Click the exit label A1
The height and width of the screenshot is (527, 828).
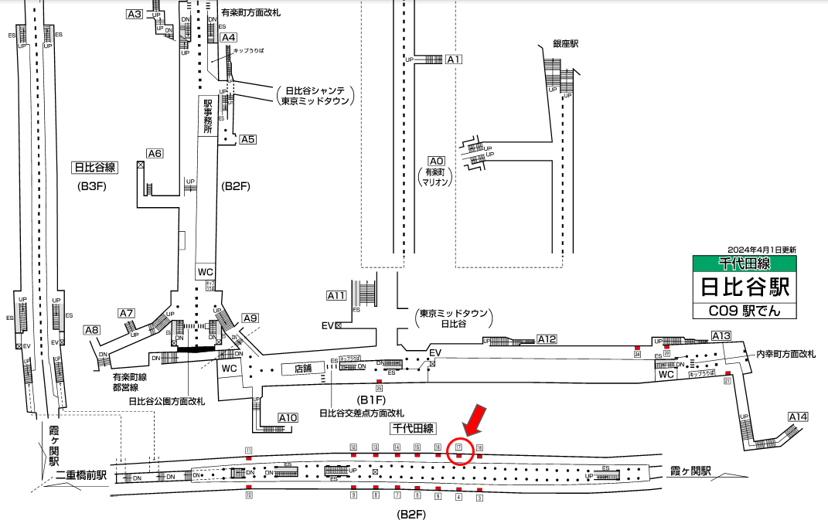[454, 59]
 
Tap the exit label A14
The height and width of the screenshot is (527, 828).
[798, 417]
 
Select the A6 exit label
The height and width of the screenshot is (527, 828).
[155, 154]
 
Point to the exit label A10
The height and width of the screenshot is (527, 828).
[288, 418]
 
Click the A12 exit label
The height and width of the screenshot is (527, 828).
[547, 338]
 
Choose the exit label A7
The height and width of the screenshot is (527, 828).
[127, 313]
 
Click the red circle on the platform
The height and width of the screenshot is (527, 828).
[458, 450]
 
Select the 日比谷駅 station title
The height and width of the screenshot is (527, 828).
[745, 287]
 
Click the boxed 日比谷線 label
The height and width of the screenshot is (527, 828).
[94, 167]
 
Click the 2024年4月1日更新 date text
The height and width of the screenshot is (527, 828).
[762, 250]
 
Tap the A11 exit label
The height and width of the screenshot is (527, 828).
[336, 295]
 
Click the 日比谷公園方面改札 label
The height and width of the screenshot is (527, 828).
[166, 401]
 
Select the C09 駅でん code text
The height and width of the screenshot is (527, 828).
[745, 311]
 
